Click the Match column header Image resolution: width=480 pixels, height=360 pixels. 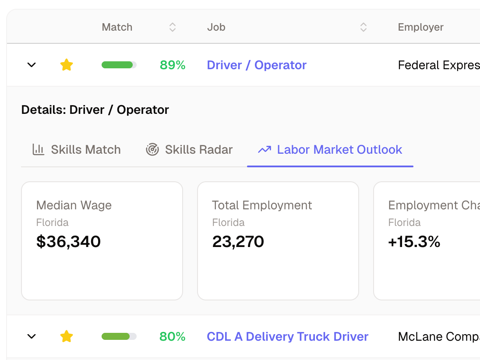(117, 27)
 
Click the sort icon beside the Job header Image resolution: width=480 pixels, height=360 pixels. (363, 27)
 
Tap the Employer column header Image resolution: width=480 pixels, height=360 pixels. (420, 27)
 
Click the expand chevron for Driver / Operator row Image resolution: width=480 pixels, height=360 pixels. (32, 65)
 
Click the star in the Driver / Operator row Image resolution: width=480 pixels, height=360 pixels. (67, 65)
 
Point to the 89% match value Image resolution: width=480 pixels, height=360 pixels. (173, 65)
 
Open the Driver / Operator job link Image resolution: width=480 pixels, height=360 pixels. (257, 65)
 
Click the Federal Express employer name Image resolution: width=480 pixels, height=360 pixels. (438, 65)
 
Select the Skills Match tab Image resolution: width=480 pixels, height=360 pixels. (77, 150)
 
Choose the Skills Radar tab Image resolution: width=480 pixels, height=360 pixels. (189, 150)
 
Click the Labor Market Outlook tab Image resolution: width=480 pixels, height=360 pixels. (330, 150)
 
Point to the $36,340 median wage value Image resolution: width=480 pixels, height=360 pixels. (68, 242)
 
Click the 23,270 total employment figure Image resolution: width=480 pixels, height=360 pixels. (238, 242)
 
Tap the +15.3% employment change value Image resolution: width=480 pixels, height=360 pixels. (414, 242)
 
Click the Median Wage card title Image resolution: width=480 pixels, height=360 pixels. (74, 205)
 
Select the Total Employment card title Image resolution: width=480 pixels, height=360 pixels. (262, 205)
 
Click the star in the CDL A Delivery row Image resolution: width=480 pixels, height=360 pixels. (67, 336)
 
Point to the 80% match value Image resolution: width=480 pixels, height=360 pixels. (173, 337)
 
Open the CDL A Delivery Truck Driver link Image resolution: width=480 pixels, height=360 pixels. (287, 337)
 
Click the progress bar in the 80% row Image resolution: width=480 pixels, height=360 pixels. (119, 336)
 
